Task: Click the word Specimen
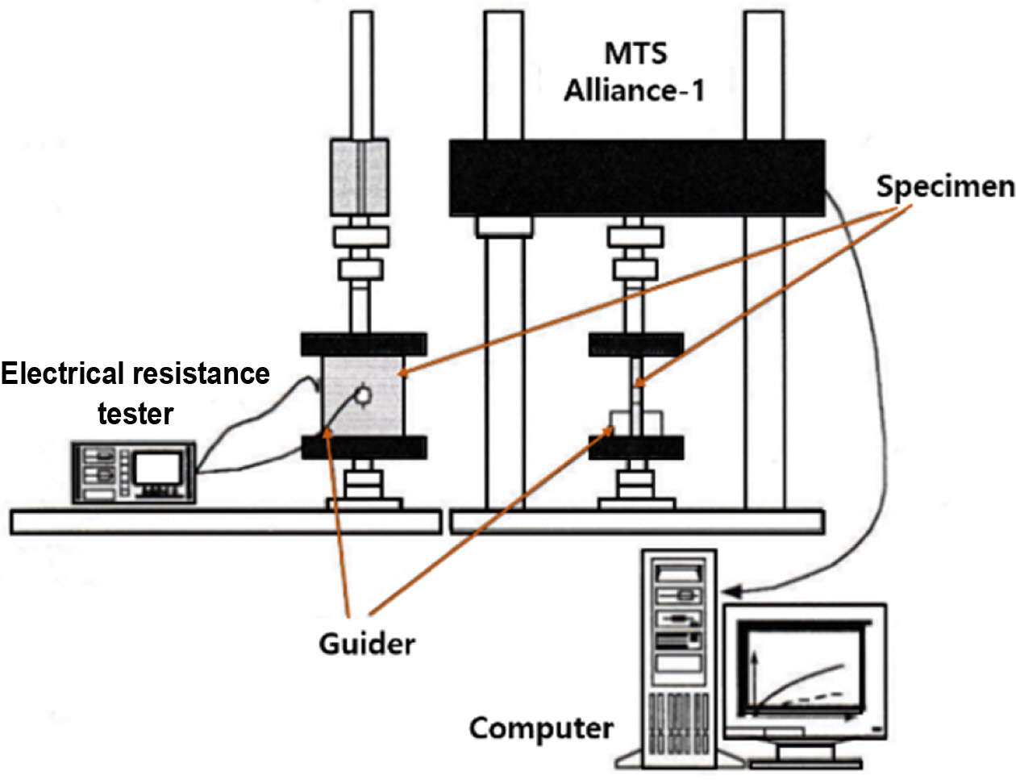(945, 186)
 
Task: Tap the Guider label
(367, 643)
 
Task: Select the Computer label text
(541, 728)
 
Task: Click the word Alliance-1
(635, 90)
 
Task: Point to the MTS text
(636, 53)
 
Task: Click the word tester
(135, 413)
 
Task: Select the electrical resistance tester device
(133, 473)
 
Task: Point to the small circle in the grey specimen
(363, 395)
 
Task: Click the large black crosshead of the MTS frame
(636, 177)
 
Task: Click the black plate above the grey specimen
(363, 344)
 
